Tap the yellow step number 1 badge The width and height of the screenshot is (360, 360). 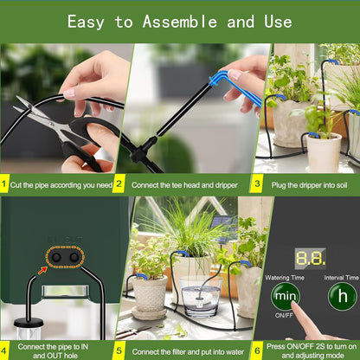tap(5, 183)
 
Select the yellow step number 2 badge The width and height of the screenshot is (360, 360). tap(119, 183)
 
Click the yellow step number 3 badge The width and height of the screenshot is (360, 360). tap(256, 183)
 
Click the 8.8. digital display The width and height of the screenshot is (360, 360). tap(310, 258)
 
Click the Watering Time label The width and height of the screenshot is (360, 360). tap(284, 277)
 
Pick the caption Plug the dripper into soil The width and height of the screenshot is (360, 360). tap(311, 183)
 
